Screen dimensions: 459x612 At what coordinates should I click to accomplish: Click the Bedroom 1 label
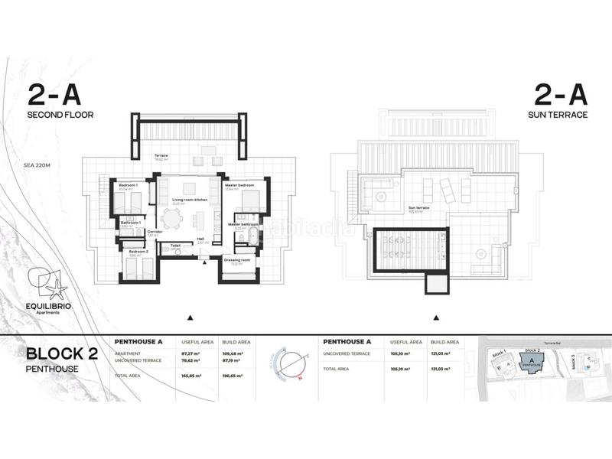click(128, 185)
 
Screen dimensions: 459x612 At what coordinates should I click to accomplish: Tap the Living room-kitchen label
click(190, 200)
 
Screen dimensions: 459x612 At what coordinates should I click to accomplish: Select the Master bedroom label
click(239, 185)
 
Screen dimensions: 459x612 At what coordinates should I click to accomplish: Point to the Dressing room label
click(237, 260)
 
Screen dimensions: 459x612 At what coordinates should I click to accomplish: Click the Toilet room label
click(175, 246)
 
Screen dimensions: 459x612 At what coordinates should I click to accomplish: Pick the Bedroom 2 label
click(138, 252)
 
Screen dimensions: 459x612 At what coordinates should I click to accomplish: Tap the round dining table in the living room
click(174, 219)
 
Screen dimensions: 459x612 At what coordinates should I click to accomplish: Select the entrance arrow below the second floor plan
click(190, 317)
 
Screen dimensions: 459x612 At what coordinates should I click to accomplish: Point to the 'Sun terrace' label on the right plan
click(418, 207)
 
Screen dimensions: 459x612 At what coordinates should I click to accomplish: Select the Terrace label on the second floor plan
click(161, 156)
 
